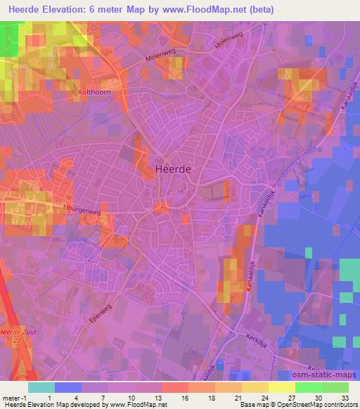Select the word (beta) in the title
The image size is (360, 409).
(257, 11)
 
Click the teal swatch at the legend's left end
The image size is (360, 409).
(41, 387)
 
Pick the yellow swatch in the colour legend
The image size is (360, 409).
(281, 387)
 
